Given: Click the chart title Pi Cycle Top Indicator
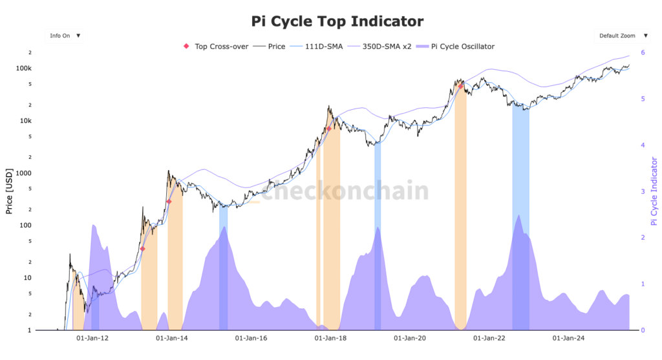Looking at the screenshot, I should (337, 21).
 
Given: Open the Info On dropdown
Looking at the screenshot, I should (64, 36).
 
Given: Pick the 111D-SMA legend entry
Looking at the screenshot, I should (321, 47).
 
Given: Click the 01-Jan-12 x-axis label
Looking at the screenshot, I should (92, 337).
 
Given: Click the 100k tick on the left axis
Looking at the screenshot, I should (24, 69).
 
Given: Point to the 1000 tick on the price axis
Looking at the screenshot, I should (24, 173).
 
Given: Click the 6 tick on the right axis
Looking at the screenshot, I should (643, 52).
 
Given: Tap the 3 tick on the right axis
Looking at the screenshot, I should (643, 191).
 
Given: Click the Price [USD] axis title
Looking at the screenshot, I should (9, 192).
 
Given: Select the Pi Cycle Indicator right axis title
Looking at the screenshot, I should (654, 191).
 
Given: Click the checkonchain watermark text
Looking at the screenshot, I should (345, 191).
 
